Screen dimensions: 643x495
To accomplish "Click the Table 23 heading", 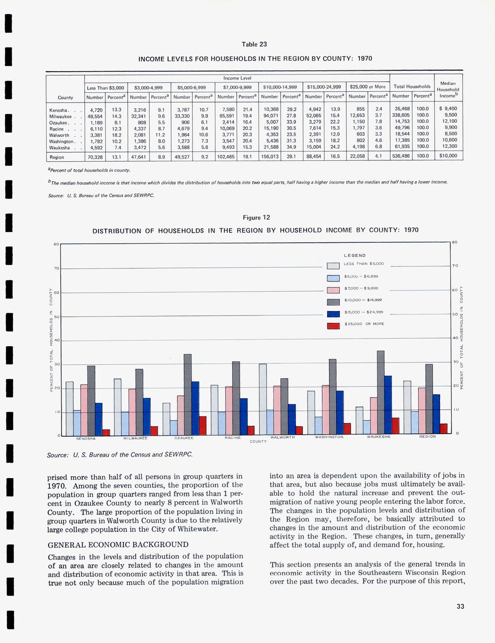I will click(254, 44).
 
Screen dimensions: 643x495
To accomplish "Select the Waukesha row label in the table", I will click(60, 148).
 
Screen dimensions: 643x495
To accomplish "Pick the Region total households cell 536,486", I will click(401, 156).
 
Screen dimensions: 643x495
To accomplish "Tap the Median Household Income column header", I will click(448, 89).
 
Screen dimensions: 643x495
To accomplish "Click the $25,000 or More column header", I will click(367, 87).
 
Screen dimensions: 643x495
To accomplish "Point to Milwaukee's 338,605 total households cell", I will click(401, 115).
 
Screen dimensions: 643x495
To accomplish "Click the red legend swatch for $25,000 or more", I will click(333, 325).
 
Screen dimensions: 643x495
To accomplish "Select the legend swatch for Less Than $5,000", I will click(333, 266).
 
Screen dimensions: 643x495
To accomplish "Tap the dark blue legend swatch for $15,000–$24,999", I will click(333, 314).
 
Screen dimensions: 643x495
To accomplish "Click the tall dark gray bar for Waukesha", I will click(380, 392).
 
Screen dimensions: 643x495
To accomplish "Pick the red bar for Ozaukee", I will click(203, 425).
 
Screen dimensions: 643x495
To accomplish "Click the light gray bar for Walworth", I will click(263, 399).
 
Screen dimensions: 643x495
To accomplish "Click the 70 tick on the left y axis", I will click(56, 268).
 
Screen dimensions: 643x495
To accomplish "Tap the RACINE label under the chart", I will click(233, 438).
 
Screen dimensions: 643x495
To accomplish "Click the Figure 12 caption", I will click(256, 218).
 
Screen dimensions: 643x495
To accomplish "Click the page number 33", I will click(461, 606).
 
